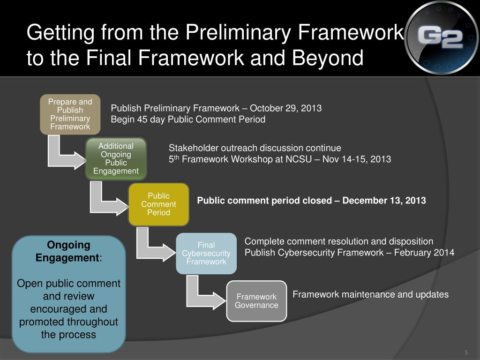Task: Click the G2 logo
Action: click(442, 38)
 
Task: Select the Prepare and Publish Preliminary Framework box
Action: click(70, 114)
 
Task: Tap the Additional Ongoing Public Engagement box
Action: click(116, 158)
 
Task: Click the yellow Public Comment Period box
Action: click(158, 204)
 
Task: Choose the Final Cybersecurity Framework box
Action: click(206, 253)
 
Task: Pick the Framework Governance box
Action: click(256, 301)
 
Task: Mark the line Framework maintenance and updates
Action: click(370, 294)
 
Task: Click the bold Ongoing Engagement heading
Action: click(68, 251)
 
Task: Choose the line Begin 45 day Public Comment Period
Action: click(188, 120)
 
